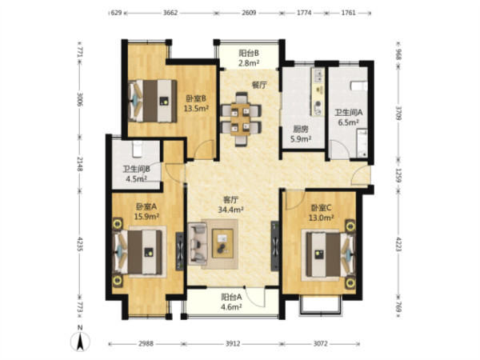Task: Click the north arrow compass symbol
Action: pyautogui.click(x=80, y=341)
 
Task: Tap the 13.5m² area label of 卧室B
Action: pyautogui.click(x=196, y=108)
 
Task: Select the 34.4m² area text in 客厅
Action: pyautogui.click(x=231, y=210)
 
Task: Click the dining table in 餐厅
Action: pyautogui.click(x=241, y=119)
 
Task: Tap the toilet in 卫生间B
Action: pyautogui.click(x=137, y=149)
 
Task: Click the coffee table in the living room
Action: pyautogui.click(x=222, y=243)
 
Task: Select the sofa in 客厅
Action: pyautogui.click(x=198, y=244)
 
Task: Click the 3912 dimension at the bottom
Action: pyautogui.click(x=233, y=343)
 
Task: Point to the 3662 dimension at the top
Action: pyautogui.click(x=170, y=13)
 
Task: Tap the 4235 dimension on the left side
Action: pyautogui.click(x=80, y=244)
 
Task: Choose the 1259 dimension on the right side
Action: pyautogui.click(x=398, y=174)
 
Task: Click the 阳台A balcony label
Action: pyautogui.click(x=232, y=297)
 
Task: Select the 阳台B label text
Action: pyautogui.click(x=249, y=54)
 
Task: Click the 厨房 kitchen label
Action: pyautogui.click(x=301, y=130)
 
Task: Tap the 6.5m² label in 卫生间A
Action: pyautogui.click(x=348, y=122)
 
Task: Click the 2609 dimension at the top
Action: pyautogui.click(x=249, y=13)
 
